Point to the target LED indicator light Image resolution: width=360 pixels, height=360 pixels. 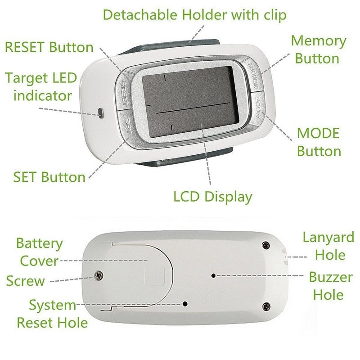click(100, 113)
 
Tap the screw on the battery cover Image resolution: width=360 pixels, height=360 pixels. click(99, 275)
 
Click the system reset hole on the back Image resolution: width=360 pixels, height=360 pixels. click(185, 304)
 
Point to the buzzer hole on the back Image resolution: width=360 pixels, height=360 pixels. click(213, 275)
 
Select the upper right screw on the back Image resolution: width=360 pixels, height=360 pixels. click(265, 245)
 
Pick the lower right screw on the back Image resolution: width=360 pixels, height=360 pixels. click(266, 306)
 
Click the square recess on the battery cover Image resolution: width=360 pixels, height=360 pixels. click(155, 276)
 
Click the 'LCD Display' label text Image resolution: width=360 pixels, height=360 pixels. click(212, 197)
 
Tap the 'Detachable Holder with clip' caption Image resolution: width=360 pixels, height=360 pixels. click(194, 15)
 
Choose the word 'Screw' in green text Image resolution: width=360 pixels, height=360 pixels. click(26, 281)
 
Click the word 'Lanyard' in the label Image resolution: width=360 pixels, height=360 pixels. click(328, 238)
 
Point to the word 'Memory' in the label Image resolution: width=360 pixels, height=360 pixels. click(319, 41)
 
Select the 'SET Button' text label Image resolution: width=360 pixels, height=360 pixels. click(49, 177)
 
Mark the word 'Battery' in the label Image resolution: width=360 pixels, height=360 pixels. click(40, 244)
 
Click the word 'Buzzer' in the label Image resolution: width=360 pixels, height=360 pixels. click(331, 277)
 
